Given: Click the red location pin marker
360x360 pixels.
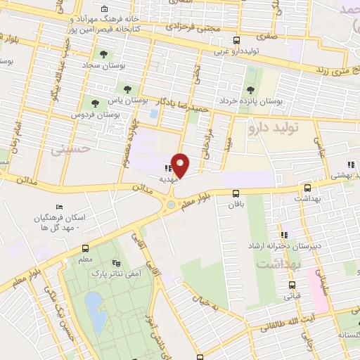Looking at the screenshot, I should pos(181,165).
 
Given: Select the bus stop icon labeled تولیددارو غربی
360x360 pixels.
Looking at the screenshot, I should pos(236,40).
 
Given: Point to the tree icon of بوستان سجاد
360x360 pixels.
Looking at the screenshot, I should pos(103,53).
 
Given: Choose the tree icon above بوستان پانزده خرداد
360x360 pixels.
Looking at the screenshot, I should pos(252,89).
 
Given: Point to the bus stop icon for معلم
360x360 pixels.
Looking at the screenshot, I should pos(85,248).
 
